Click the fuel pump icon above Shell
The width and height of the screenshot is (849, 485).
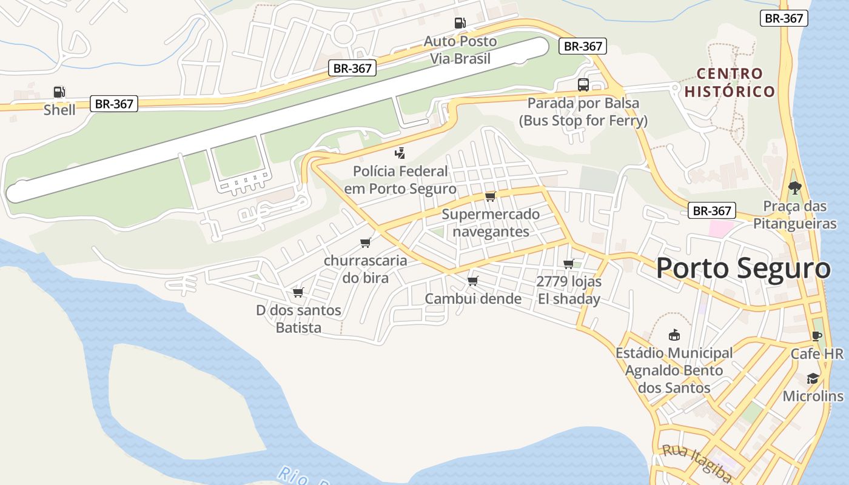click(x=59, y=92)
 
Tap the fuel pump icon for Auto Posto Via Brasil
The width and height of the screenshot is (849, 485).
click(x=460, y=23)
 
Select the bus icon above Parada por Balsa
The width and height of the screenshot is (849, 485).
click(x=583, y=85)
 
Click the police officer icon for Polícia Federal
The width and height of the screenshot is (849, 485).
click(x=400, y=153)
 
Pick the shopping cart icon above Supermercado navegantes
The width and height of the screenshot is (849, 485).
click(x=491, y=196)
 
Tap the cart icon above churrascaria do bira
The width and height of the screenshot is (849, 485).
click(x=365, y=242)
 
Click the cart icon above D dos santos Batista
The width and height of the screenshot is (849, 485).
click(x=298, y=293)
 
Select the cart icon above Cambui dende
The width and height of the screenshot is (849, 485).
click(x=473, y=281)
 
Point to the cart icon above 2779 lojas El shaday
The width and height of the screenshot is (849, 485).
click(x=569, y=264)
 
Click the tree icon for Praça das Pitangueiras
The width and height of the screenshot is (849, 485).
click(x=794, y=188)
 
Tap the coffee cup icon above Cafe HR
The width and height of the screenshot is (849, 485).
click(x=817, y=336)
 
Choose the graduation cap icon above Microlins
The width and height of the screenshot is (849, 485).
click(x=813, y=379)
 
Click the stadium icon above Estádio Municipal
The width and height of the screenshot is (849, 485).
click(x=674, y=335)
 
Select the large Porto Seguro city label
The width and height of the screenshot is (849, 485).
click(x=743, y=269)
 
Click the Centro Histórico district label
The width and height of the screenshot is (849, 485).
click(x=730, y=82)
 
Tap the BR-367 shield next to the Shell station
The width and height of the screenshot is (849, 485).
click(x=114, y=104)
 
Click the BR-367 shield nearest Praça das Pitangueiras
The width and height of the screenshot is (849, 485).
click(x=712, y=211)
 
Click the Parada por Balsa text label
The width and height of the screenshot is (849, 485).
click(x=583, y=103)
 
